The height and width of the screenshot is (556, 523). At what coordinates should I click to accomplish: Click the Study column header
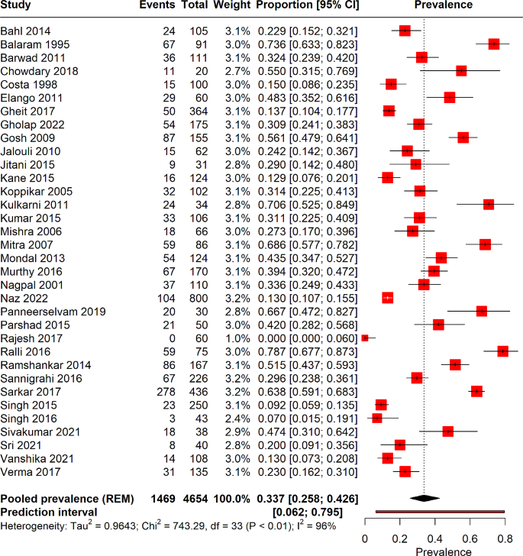click(x=18, y=5)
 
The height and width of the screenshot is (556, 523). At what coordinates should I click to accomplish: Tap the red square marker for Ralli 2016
click(x=502, y=351)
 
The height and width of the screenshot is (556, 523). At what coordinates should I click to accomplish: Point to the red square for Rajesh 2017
click(x=365, y=337)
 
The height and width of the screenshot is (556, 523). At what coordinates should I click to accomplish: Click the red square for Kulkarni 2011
click(x=489, y=204)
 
